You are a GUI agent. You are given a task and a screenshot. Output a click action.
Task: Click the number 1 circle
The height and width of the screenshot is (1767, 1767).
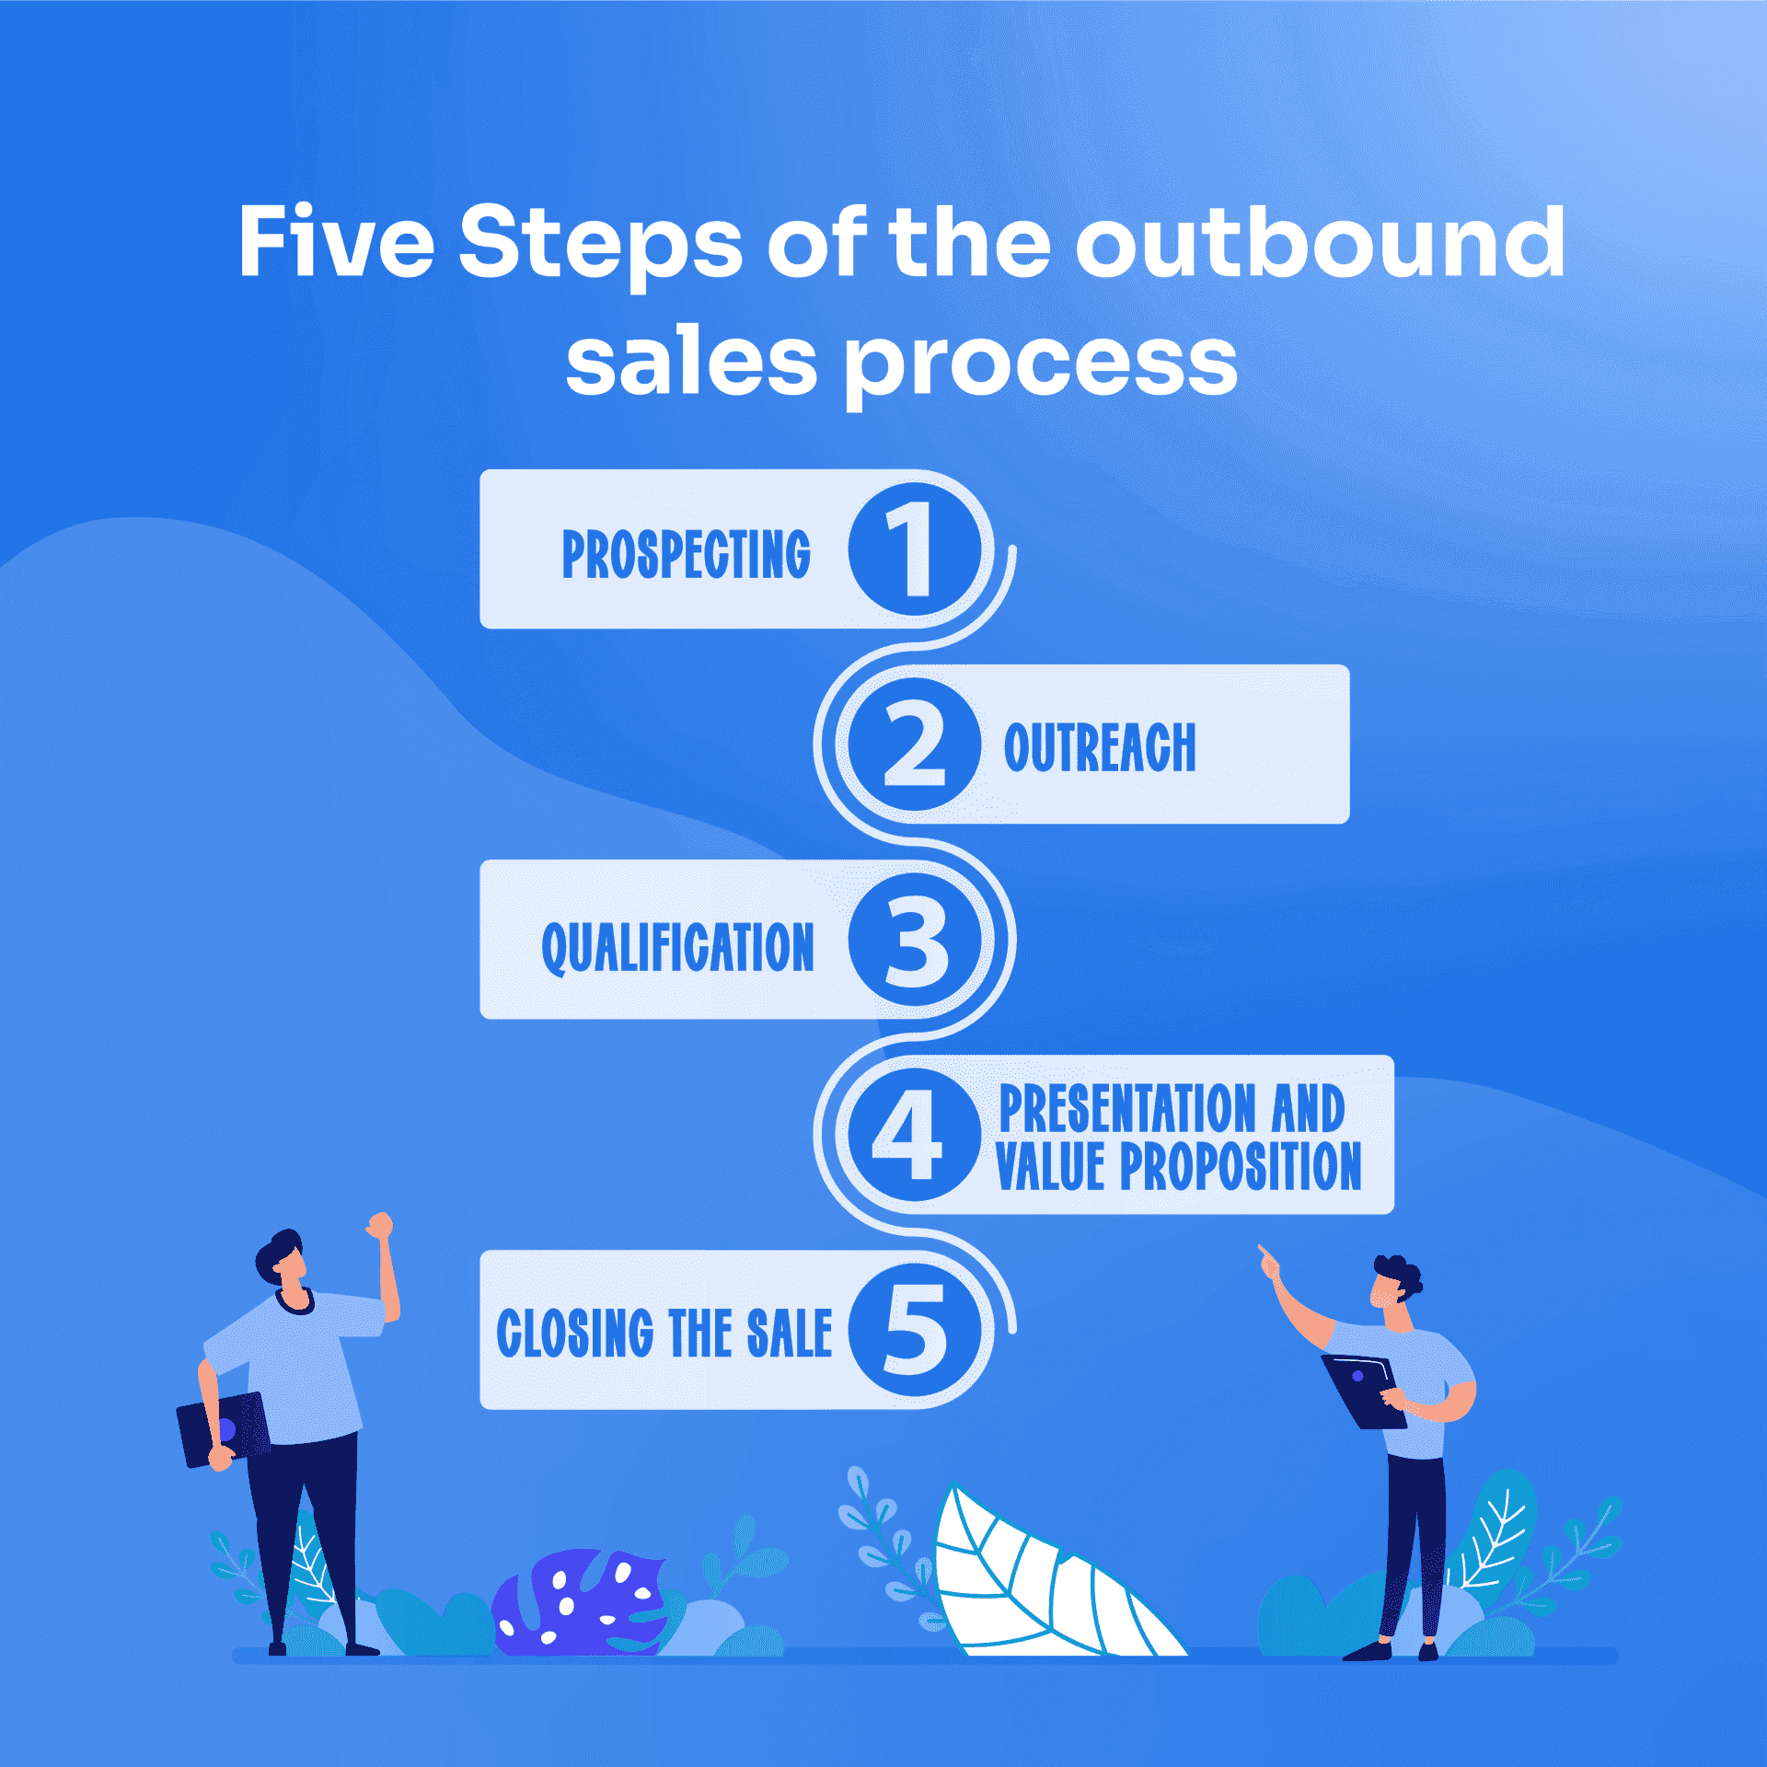914,549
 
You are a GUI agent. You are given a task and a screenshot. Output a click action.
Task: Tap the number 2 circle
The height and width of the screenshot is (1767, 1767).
914,745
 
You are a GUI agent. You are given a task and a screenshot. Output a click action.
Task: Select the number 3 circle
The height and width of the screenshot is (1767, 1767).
914,940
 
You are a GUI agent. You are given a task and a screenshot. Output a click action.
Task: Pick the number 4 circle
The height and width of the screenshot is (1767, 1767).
914,1135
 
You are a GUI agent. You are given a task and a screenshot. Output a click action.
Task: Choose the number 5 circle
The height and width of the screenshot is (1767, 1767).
914,1330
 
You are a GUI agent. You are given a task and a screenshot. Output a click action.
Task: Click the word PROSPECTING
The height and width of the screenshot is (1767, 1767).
687,554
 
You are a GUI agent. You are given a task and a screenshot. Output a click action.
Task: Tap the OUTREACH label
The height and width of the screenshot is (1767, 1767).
1100,747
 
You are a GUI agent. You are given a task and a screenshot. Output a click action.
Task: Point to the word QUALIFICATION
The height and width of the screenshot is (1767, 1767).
678,947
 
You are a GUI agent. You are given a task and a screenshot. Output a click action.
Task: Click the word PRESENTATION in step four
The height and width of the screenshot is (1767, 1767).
1126,1108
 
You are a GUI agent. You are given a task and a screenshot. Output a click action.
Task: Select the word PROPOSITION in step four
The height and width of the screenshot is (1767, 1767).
1240,1167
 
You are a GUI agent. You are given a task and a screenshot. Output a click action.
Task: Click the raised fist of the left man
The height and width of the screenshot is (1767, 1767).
379,1226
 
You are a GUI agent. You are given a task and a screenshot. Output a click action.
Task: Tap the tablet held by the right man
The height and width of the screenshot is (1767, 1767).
1363,1390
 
